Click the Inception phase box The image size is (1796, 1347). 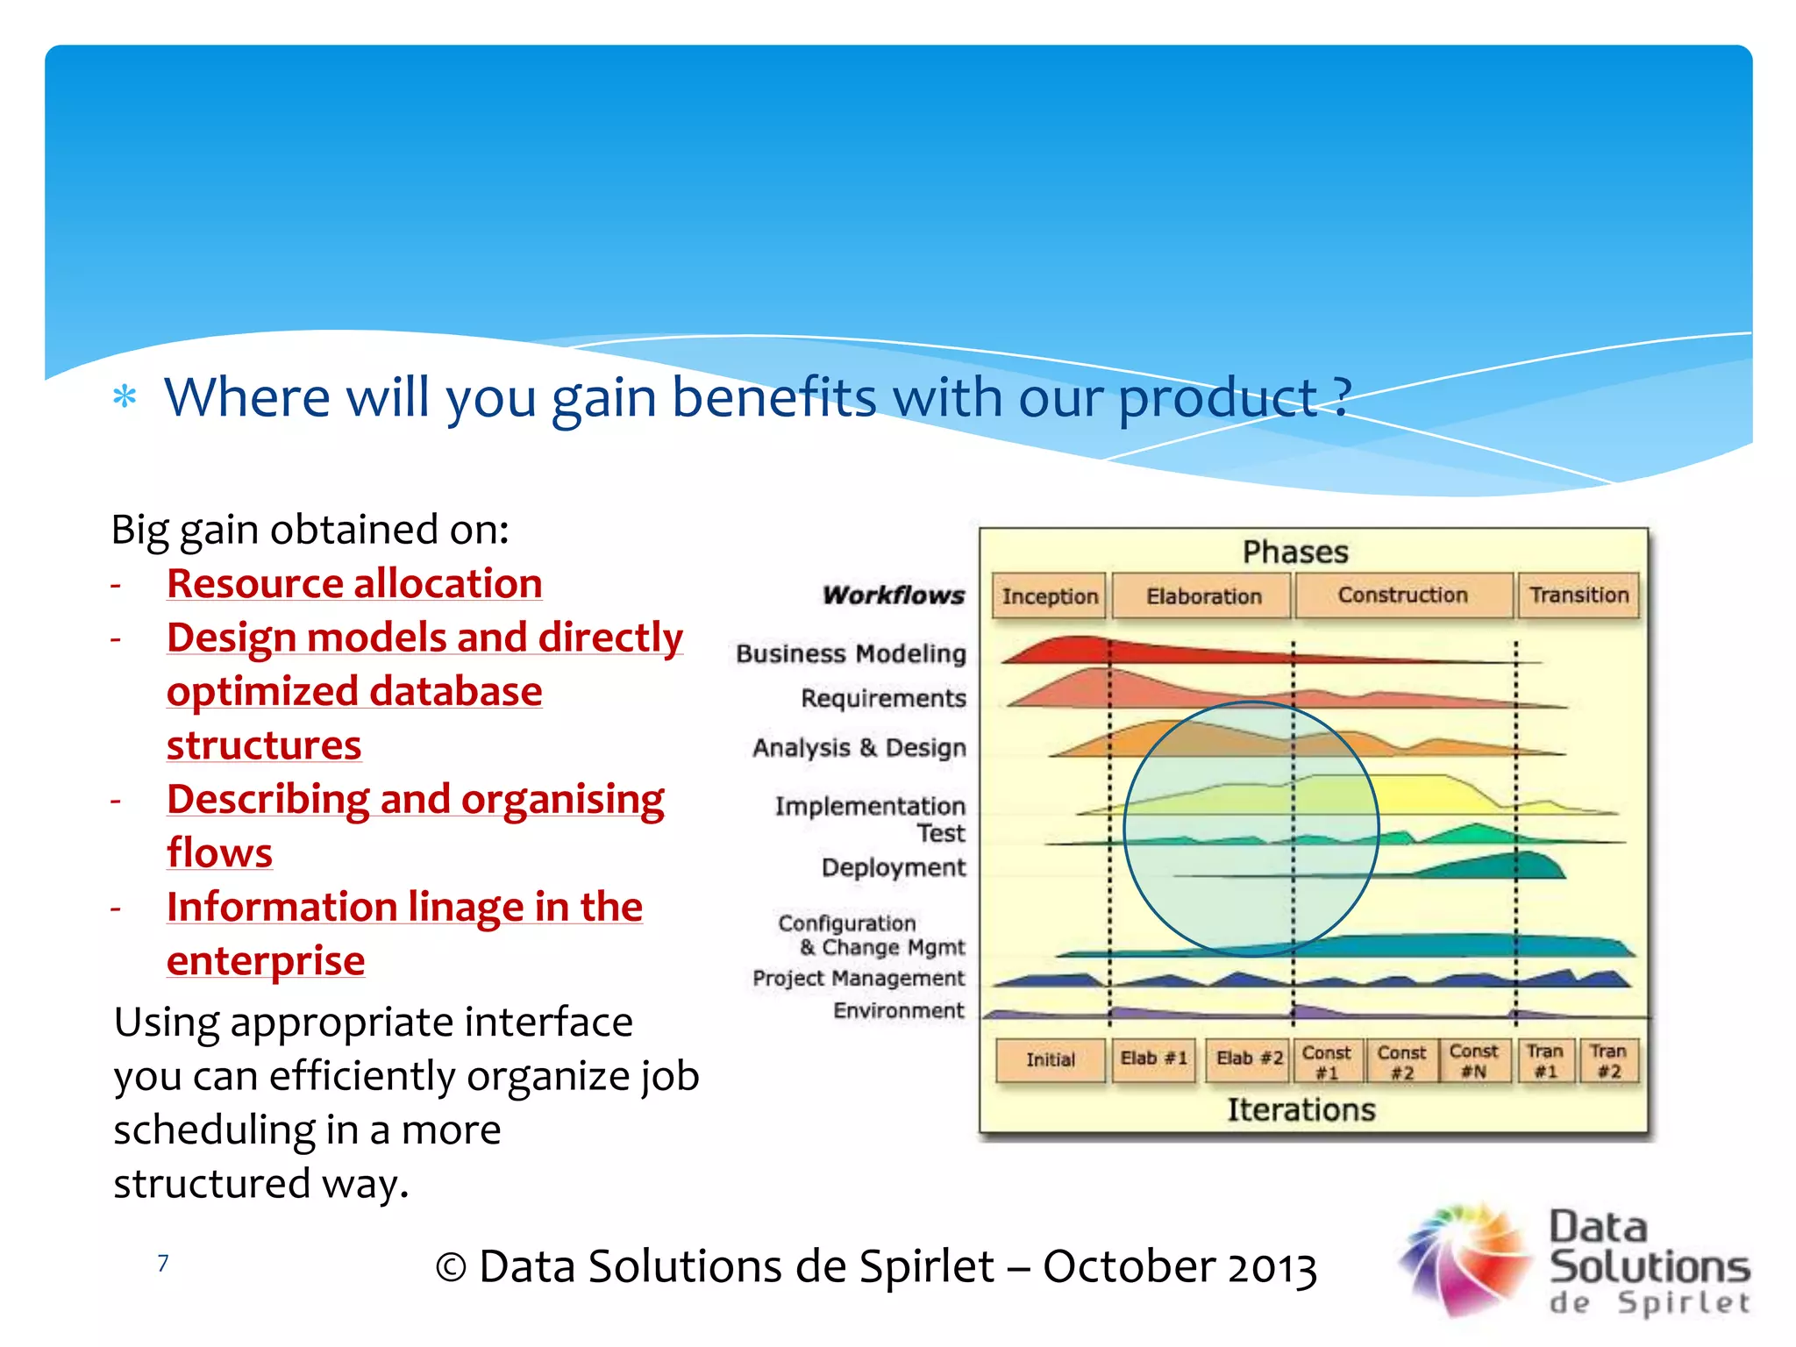[1050, 596]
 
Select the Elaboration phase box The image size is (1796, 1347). [1203, 596]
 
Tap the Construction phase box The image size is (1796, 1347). [1402, 595]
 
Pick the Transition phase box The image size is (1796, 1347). [1579, 595]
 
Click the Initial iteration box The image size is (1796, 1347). [1050, 1059]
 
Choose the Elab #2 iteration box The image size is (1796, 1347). [1249, 1058]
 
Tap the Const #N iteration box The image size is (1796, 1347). [1473, 1060]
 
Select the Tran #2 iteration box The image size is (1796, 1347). [1607, 1060]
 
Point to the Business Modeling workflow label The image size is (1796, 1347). [851, 653]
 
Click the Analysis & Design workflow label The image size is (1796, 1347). [859, 747]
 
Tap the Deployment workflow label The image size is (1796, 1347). [893, 867]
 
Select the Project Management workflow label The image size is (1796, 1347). [858, 978]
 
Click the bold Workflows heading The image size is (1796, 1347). [893, 595]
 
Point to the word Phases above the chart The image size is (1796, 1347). [1294, 552]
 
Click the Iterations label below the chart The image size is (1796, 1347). [1301, 1109]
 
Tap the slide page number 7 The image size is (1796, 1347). [162, 1263]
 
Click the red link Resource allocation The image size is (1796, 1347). [354, 583]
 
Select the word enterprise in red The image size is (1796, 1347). [266, 960]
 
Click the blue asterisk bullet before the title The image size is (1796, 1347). [125, 396]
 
